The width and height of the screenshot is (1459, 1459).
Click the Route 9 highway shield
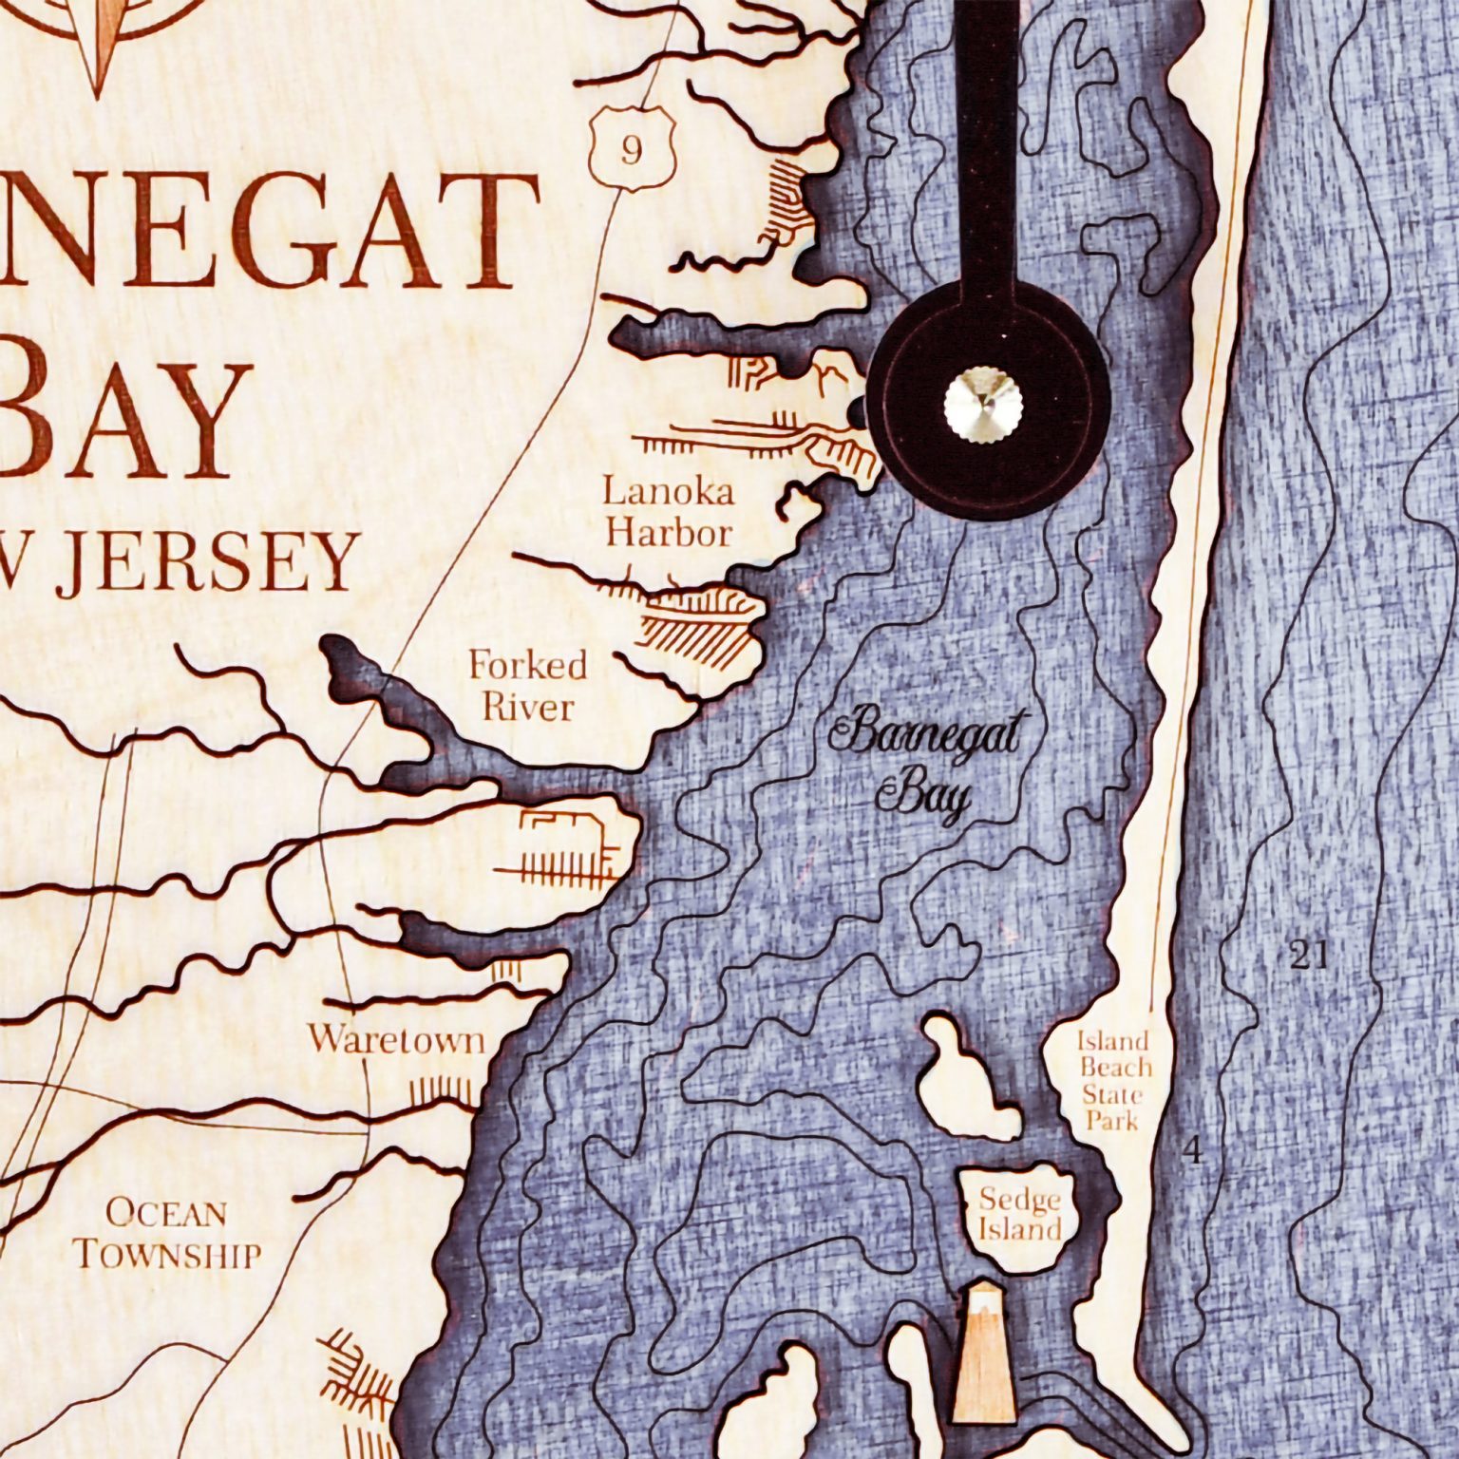633,148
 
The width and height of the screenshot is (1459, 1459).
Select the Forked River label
528,685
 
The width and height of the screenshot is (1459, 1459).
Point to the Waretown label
395,1038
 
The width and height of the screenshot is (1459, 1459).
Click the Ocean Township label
167,1234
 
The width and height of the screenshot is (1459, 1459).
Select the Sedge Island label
1020,1215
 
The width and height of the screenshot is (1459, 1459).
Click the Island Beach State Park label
1113,1081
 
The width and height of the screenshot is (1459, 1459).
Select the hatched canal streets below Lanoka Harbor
703,622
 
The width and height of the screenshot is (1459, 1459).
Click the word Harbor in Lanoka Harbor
670,532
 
